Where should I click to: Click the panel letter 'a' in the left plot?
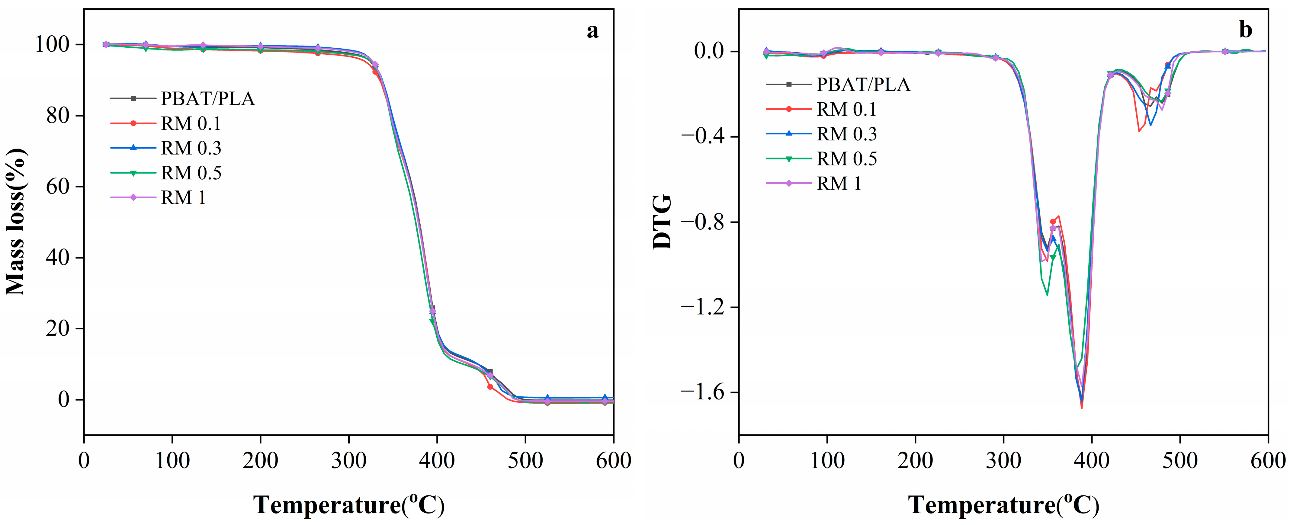point(592,31)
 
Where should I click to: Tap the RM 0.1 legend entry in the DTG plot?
point(846,109)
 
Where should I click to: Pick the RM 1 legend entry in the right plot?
point(839,184)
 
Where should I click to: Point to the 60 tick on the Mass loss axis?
point(58,187)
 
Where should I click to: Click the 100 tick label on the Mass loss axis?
point(52,45)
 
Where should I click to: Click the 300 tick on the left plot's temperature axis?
point(348,460)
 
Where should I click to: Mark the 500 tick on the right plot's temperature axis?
point(1180,460)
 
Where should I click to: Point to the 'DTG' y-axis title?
point(662,222)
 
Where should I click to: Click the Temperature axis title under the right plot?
point(1003,504)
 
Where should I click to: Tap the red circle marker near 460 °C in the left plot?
point(490,387)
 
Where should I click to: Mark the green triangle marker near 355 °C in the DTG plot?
point(1053,258)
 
